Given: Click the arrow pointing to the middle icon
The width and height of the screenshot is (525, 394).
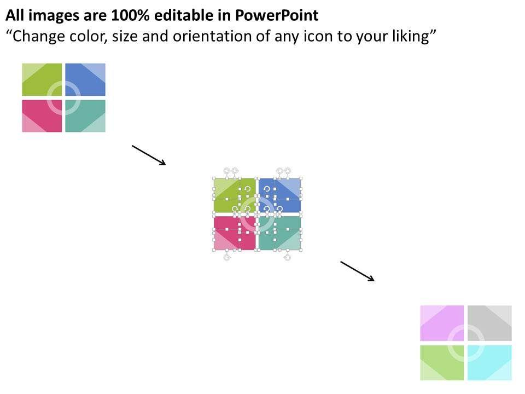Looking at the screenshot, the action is pos(149,155).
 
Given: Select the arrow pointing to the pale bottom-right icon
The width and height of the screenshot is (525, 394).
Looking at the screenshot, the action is pos(357,271).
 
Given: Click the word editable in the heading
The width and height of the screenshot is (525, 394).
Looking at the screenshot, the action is pos(186,16).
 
